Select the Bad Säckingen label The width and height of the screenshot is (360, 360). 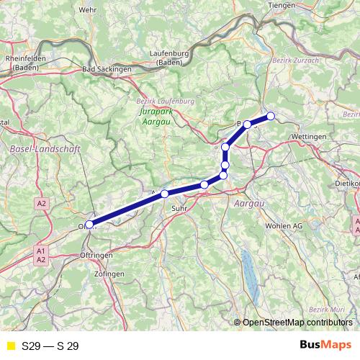coord(108,69)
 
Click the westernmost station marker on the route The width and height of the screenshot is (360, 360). coord(89,225)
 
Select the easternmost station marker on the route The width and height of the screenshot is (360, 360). coord(271,116)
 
